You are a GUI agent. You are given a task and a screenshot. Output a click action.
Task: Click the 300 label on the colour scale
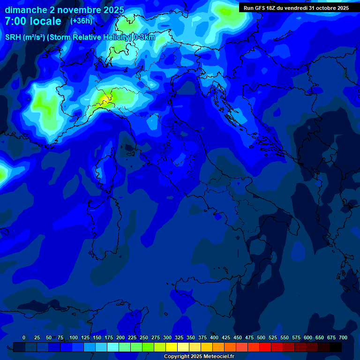pos(167,337)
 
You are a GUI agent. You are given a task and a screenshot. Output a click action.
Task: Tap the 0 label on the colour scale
pos(24,337)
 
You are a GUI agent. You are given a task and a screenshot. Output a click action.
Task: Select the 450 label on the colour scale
pos(238,337)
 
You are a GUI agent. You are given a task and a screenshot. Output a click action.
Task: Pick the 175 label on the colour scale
pos(108,337)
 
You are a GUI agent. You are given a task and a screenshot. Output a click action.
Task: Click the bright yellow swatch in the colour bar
pos(172,347)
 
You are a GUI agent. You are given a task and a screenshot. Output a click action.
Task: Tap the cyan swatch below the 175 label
pos(113,347)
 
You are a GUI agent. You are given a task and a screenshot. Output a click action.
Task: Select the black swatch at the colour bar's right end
pos(336,347)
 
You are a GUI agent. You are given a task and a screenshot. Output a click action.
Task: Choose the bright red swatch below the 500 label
pos(265,347)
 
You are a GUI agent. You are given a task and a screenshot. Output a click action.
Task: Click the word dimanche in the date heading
pos(26,10)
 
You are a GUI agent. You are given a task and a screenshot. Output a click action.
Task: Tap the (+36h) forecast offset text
pos(81,21)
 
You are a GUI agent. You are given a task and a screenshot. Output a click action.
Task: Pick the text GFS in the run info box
pos(260,8)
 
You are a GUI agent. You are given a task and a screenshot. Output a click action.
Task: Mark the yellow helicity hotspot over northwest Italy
pos(106,98)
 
